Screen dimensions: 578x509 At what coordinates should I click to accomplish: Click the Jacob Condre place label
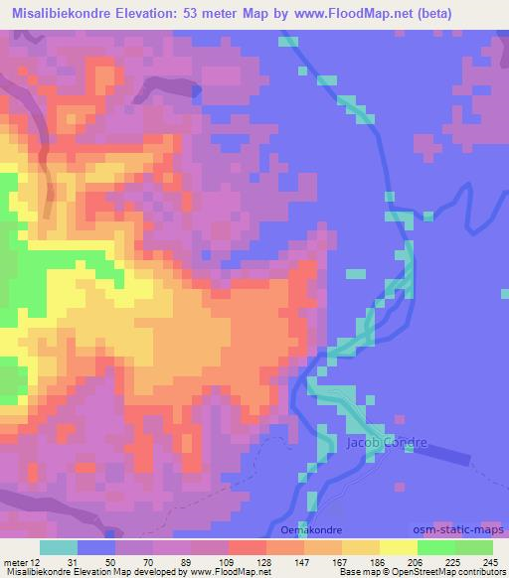(x=387, y=442)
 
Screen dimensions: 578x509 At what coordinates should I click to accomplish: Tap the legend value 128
(x=264, y=560)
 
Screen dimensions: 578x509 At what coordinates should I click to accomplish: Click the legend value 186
(x=379, y=560)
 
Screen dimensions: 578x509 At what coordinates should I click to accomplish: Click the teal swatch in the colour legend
(x=58, y=547)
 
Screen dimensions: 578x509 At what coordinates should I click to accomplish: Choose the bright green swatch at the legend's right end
(x=474, y=547)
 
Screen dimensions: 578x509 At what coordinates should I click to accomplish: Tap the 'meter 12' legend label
(x=22, y=560)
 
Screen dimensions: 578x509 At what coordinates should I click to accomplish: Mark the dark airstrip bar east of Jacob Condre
(x=467, y=455)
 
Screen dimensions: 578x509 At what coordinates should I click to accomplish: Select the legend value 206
(x=417, y=560)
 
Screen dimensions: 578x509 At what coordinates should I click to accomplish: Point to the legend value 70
(x=151, y=560)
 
